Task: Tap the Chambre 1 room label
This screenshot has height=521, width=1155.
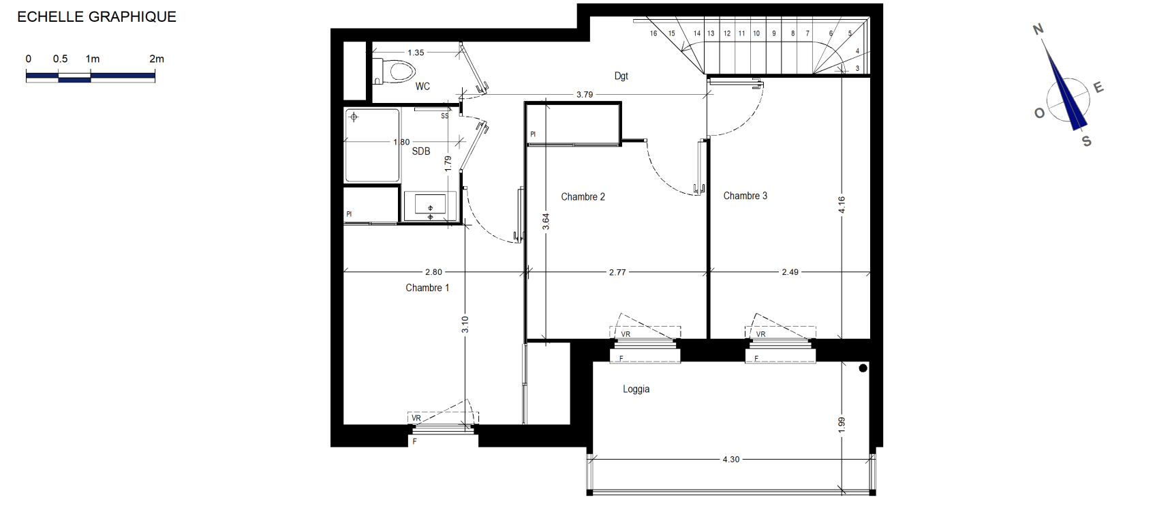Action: (x=427, y=288)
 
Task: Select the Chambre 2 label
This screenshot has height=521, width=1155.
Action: (x=583, y=196)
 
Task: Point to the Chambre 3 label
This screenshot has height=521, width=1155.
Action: (x=745, y=196)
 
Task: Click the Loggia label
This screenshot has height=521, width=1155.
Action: (x=636, y=389)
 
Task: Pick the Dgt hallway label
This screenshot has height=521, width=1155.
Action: (x=621, y=76)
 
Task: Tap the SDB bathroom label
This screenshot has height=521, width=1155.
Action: (x=420, y=151)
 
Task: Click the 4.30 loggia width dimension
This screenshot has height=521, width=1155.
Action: (x=730, y=459)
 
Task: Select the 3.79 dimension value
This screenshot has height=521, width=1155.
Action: (x=585, y=94)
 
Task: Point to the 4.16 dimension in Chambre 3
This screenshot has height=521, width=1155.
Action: (x=842, y=205)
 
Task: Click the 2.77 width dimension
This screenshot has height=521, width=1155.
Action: (x=617, y=272)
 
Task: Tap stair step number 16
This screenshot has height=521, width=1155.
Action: (x=653, y=33)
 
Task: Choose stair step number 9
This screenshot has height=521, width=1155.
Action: (x=774, y=33)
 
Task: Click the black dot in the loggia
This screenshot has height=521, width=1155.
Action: (x=863, y=368)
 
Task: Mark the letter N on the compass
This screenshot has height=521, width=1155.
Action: (x=1038, y=29)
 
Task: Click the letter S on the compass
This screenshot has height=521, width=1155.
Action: (x=1086, y=141)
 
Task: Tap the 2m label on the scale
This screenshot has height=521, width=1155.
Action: (x=157, y=59)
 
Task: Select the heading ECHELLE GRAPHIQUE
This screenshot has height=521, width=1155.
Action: (x=97, y=16)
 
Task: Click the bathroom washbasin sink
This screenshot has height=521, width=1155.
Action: (x=430, y=205)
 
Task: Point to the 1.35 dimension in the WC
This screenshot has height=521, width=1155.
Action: (x=416, y=52)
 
